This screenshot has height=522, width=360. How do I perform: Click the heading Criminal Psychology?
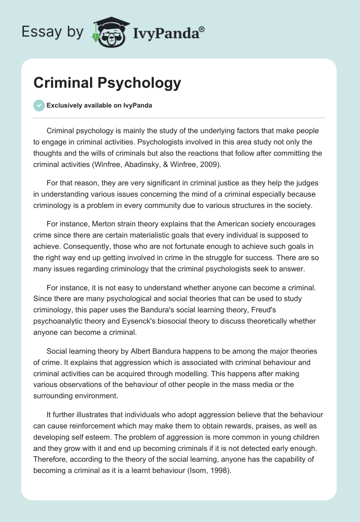[107, 83]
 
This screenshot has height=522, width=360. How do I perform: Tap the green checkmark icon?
[39, 105]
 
